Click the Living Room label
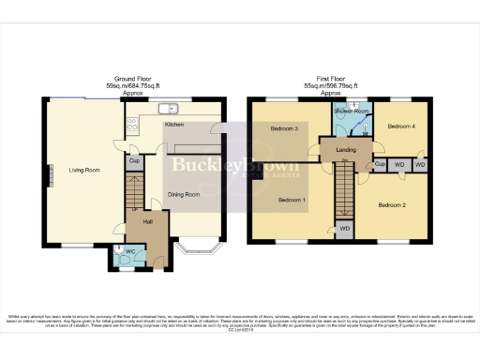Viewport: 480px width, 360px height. click(x=83, y=170)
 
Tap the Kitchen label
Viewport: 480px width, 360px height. click(x=174, y=125)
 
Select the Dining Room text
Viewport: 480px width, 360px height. click(x=184, y=195)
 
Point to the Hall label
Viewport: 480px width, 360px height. click(x=147, y=222)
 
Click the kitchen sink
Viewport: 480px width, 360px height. click(x=170, y=107)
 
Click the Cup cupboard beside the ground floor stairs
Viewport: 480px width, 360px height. click(x=134, y=161)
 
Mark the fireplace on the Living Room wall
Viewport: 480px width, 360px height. click(x=51, y=175)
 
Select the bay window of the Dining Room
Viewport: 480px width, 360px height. click(x=198, y=249)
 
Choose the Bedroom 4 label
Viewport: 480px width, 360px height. click(x=401, y=126)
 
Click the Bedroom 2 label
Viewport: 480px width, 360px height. click(x=393, y=204)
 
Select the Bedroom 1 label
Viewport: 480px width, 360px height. click(x=292, y=200)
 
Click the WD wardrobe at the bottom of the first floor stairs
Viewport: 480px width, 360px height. click(x=345, y=228)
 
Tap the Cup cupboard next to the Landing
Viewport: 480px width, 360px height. click(x=380, y=165)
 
